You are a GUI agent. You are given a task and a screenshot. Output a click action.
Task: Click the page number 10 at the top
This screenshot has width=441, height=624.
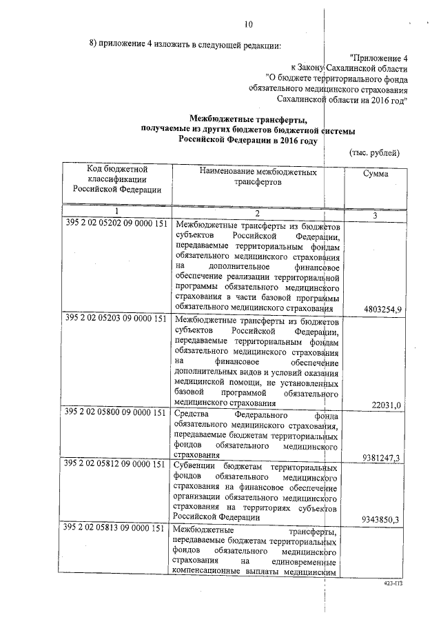[x=249, y=25]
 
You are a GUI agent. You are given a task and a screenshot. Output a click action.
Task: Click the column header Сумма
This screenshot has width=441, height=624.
[x=375, y=174]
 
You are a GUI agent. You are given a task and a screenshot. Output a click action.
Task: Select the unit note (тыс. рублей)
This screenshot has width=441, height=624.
[x=374, y=152]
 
